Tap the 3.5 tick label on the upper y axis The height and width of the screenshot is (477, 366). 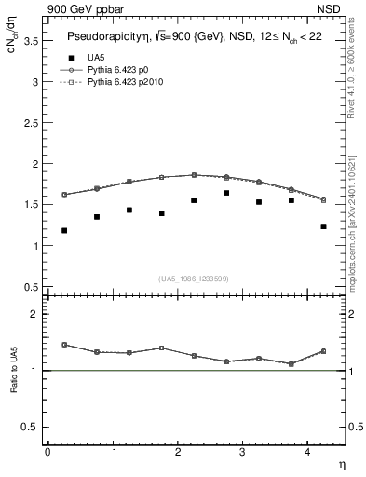(x=29, y=40)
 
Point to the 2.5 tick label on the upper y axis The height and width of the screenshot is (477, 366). (x=29, y=122)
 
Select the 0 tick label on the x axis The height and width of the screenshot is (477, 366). (x=47, y=452)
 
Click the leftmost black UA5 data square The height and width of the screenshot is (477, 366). (x=64, y=230)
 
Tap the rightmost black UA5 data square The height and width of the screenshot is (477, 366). (x=323, y=226)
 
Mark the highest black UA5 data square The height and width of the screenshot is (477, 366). (x=226, y=193)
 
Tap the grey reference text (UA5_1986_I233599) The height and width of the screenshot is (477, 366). (x=195, y=278)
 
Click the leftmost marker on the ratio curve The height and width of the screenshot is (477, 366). (x=64, y=345)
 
